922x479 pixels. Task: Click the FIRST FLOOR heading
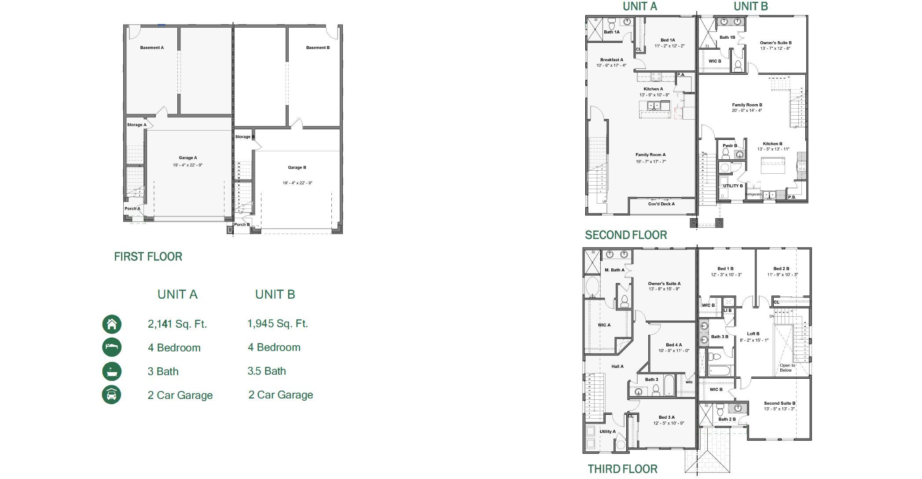[148, 256]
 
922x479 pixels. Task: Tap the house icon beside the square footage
[112, 324]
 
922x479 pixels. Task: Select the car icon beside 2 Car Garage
[112, 395]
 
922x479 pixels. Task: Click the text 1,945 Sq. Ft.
[277, 324]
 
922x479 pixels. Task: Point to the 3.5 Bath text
[266, 371]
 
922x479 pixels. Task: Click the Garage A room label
[188, 158]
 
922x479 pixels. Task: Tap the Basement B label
[318, 48]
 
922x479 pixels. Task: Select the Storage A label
[136, 125]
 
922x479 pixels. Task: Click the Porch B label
[242, 225]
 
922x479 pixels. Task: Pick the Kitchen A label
[653, 89]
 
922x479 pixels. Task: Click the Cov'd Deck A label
[661, 204]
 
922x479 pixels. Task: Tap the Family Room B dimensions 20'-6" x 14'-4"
[747, 111]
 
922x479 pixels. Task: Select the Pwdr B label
[730, 146]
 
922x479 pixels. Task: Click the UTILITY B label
[733, 186]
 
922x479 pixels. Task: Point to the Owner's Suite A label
[664, 284]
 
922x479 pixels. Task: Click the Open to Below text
[787, 368]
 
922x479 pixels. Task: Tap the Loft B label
[753, 334]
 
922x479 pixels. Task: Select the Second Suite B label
[779, 403]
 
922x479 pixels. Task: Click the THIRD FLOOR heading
[622, 469]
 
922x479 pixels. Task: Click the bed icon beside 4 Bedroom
[112, 347]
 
